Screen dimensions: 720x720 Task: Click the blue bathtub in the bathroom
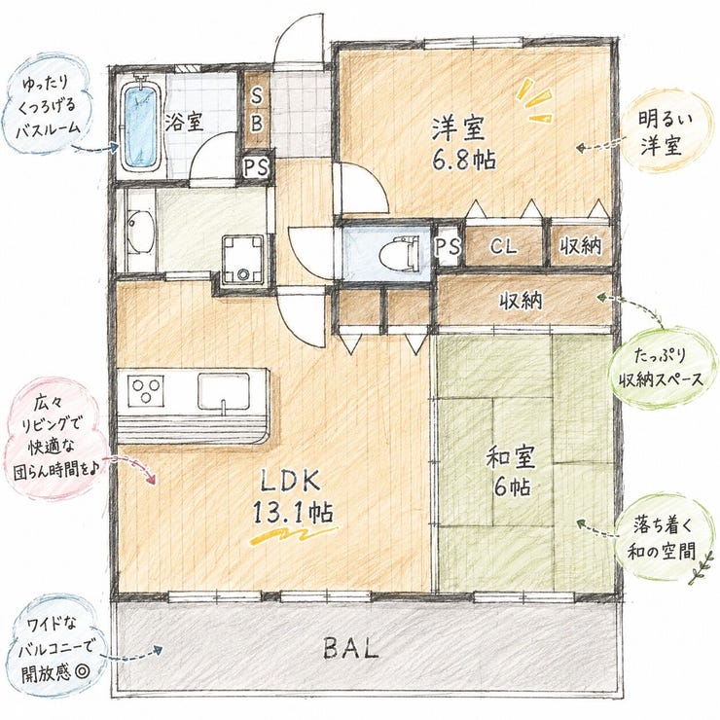[141, 125]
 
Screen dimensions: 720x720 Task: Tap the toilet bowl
[399, 253]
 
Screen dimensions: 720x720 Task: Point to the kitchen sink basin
[224, 391]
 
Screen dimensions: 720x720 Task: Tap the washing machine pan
[243, 260]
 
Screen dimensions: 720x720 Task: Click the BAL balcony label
[351, 648]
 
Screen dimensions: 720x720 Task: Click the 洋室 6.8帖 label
[463, 144]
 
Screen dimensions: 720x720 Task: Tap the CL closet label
[504, 246]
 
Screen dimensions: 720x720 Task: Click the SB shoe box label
[257, 110]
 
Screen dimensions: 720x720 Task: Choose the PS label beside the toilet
[448, 247]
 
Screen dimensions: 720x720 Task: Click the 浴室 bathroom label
[184, 123]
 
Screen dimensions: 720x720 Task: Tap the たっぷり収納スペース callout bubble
[662, 368]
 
